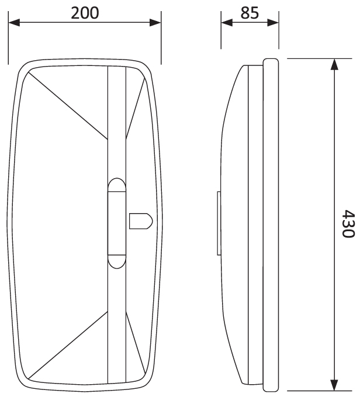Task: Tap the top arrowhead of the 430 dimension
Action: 334,64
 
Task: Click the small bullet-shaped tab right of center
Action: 140,221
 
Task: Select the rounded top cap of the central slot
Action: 117,187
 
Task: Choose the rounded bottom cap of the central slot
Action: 117,260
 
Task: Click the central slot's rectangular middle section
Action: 117,224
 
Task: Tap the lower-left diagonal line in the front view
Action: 67,344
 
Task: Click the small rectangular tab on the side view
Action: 219,224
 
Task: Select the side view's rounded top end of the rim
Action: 271,61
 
